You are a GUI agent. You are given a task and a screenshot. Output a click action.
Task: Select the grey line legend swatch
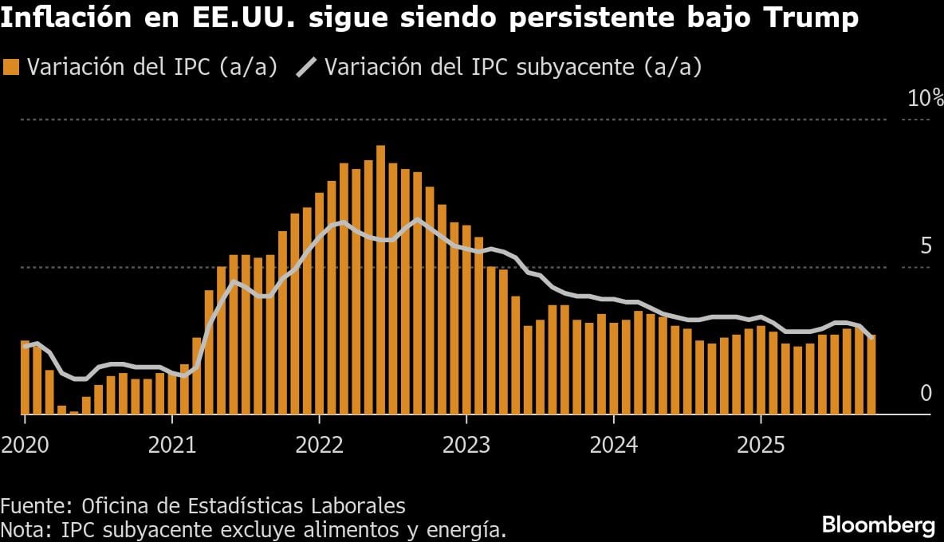306,68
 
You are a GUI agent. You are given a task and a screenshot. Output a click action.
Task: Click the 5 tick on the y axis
926,245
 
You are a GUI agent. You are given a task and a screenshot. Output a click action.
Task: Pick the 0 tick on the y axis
926,393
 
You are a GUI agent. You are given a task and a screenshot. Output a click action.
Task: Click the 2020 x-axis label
25,444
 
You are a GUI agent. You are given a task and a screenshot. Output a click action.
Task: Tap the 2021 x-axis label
172,444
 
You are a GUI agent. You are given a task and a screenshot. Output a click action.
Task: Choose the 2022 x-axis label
319,444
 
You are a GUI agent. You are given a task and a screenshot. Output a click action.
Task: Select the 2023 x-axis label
466,444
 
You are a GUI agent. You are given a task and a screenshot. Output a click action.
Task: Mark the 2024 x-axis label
613,444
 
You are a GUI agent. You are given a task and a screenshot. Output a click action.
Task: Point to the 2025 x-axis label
761,444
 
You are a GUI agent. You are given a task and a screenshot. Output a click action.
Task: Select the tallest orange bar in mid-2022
380,279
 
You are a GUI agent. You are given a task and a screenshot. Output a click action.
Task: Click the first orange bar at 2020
25,377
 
